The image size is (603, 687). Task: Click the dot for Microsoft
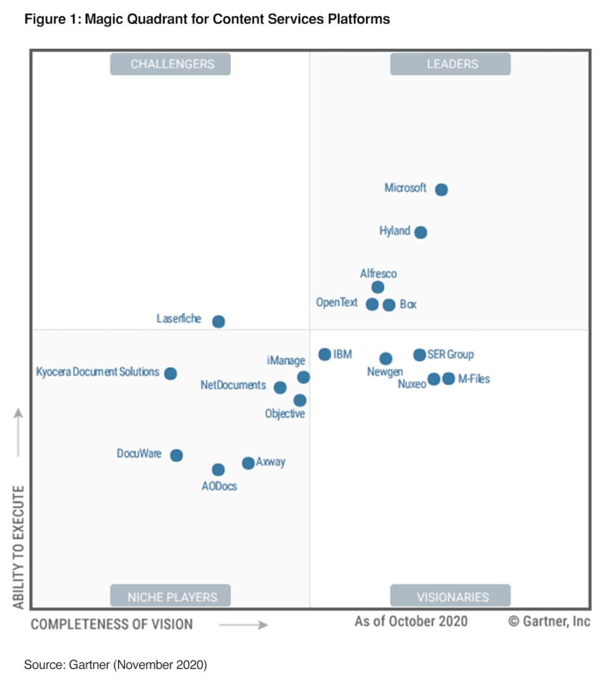(x=441, y=190)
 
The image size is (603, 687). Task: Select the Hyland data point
(x=420, y=233)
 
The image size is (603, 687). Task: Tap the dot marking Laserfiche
(x=218, y=322)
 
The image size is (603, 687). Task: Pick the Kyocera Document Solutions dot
(x=171, y=374)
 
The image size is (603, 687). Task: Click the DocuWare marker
(x=176, y=456)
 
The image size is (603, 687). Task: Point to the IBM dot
(x=324, y=354)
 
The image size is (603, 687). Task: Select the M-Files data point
(x=449, y=378)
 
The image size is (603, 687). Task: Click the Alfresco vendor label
(x=378, y=274)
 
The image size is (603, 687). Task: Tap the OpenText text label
(x=337, y=303)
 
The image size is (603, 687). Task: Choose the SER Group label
(x=450, y=354)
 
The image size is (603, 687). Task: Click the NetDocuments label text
(x=233, y=385)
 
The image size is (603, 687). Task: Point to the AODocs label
(x=219, y=486)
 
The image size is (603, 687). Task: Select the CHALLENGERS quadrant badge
(x=173, y=64)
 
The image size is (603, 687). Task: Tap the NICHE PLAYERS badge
(x=173, y=596)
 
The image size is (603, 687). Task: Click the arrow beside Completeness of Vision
(x=243, y=625)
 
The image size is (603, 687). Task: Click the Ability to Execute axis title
(x=19, y=547)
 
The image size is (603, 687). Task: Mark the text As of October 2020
(x=411, y=621)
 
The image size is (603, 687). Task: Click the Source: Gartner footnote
(x=115, y=665)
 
